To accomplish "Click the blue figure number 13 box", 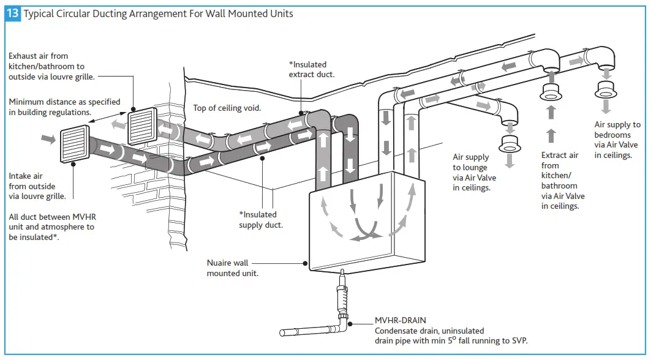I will [13, 13].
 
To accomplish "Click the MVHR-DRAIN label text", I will [400, 320].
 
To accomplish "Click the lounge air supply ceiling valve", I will [509, 145].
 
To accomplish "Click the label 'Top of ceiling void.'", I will [227, 108].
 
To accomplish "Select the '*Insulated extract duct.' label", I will [312, 69].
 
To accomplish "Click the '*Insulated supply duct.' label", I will [261, 220].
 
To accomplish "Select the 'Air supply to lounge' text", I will [475, 173].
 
